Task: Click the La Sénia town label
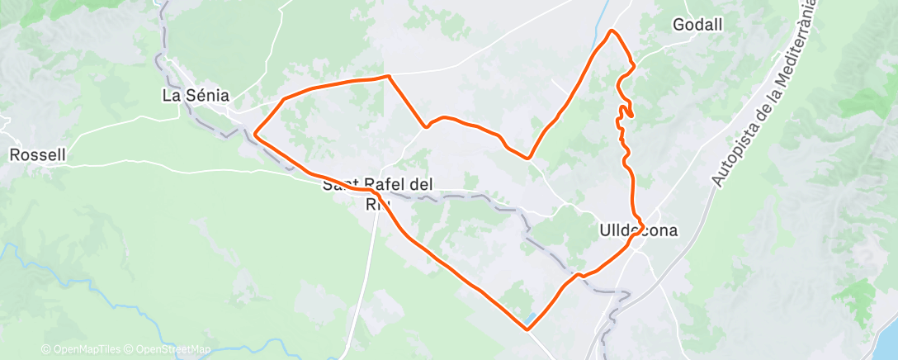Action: pyautogui.click(x=195, y=96)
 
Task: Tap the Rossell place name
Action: pyautogui.click(x=37, y=154)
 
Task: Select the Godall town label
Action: pyautogui.click(x=697, y=25)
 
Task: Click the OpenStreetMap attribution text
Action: pyautogui.click(x=173, y=350)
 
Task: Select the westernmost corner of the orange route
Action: pyautogui.click(x=255, y=133)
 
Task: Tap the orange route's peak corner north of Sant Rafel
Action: pyautogui.click(x=388, y=76)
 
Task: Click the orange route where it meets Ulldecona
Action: pyautogui.click(x=637, y=234)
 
